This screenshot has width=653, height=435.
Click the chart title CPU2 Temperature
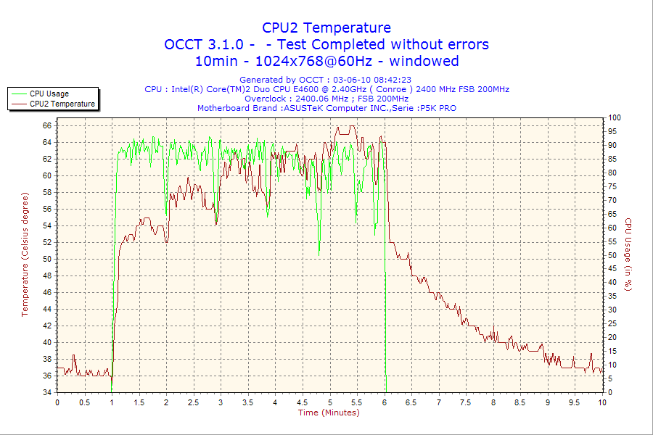[326, 28]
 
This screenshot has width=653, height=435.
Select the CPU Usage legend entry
[49, 94]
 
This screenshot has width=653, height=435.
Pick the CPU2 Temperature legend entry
[62, 104]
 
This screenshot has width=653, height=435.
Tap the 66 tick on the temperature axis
[46, 125]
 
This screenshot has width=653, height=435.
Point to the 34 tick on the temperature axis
[46, 392]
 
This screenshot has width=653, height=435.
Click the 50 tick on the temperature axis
[46, 259]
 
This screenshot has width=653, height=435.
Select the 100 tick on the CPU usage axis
[614, 117]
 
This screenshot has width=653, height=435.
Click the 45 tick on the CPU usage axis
[613, 268]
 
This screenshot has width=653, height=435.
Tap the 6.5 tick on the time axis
[411, 402]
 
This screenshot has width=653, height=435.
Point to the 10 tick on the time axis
[602, 402]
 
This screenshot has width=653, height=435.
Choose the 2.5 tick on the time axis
[193, 402]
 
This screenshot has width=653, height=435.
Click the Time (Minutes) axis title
[329, 413]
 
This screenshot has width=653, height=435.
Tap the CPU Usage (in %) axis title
[628, 254]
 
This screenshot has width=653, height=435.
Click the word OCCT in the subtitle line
[187, 45]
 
